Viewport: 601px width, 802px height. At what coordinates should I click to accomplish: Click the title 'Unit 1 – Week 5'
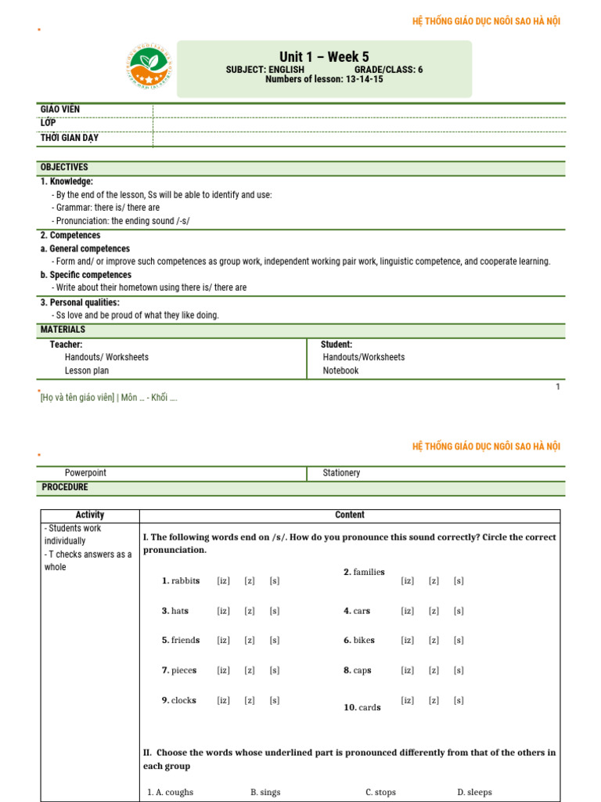[324, 56]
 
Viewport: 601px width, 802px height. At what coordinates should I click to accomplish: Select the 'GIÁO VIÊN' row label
[59, 110]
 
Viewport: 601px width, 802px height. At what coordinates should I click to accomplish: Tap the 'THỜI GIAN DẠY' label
[70, 139]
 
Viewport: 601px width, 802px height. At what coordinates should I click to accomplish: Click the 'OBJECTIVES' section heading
[64, 168]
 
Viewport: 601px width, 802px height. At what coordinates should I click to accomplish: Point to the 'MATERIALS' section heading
[63, 330]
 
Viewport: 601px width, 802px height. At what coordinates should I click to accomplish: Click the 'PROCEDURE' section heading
[65, 487]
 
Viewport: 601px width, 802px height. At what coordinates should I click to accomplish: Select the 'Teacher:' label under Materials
[67, 345]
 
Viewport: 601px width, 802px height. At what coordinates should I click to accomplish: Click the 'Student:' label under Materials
[336, 345]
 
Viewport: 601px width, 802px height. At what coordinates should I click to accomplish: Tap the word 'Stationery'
[341, 473]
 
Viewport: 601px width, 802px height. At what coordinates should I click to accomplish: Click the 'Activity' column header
[90, 515]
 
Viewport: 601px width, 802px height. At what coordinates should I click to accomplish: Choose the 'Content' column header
[349, 515]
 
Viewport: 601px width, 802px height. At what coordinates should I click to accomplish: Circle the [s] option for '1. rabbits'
[274, 581]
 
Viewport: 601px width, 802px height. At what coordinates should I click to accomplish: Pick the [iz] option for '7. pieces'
[224, 670]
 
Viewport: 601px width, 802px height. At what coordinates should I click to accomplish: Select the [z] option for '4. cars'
[434, 611]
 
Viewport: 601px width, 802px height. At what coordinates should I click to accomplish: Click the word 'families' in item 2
[369, 573]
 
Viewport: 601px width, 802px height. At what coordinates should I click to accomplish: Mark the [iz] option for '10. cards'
[408, 700]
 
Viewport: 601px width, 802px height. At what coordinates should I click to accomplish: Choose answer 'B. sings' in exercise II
[265, 793]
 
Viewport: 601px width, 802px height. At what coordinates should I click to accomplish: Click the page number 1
[558, 386]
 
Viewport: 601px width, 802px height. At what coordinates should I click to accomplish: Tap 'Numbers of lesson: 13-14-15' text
[324, 79]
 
